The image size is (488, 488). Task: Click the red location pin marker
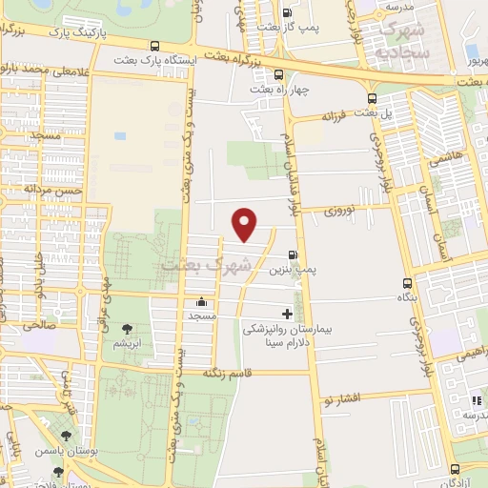pos(245,223)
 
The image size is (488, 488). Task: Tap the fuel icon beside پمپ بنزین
pos(291,254)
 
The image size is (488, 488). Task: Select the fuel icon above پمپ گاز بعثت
pos(288,13)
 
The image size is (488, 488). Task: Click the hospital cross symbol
pos(287,314)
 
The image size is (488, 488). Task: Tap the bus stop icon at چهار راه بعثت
pos(277,74)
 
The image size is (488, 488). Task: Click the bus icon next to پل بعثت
pos(372,98)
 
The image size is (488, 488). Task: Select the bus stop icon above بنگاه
pos(408,283)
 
